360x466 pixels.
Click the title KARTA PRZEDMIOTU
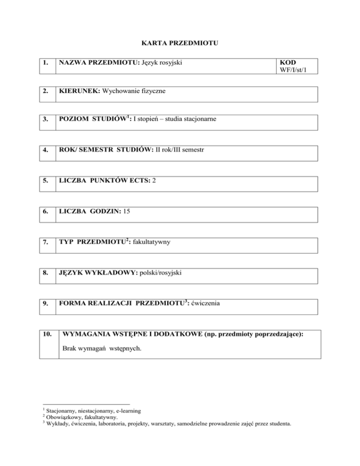180,44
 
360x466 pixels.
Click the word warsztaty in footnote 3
160,424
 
